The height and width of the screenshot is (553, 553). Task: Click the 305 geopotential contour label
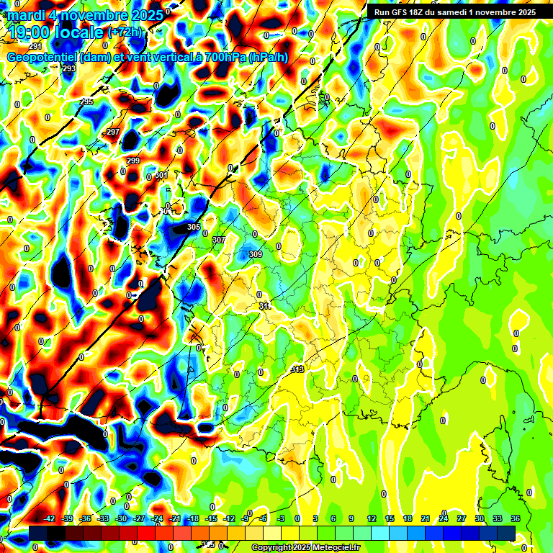tap(193, 228)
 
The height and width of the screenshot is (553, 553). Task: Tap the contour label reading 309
tap(256, 254)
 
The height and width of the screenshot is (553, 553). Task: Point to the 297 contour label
tap(113, 132)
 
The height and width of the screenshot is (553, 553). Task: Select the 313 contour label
tap(297, 369)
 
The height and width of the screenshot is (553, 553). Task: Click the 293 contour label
tap(69, 68)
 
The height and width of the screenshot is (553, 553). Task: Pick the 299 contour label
tap(133, 161)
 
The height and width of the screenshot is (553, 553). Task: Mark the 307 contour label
tap(219, 240)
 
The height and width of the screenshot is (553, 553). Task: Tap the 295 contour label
tap(86, 102)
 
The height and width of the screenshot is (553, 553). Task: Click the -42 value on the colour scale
tap(50, 518)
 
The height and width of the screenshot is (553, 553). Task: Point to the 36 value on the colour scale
tap(516, 518)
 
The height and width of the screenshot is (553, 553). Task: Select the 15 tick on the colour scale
tap(390, 518)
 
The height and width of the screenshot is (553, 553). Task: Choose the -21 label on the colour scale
tap(175, 518)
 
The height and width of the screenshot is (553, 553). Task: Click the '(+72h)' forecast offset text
tap(125, 32)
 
